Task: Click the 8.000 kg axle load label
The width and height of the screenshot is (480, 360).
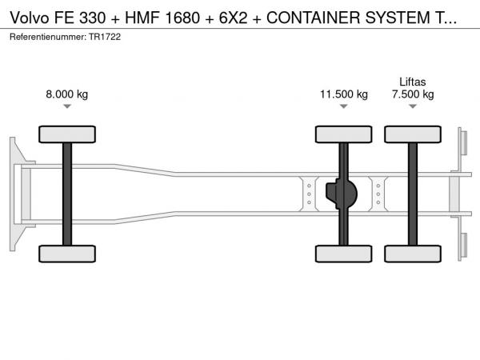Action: pyautogui.click(x=66, y=94)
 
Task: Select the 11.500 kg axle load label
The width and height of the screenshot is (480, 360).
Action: pyautogui.click(x=344, y=94)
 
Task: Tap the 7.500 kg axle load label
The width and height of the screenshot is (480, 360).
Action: pyautogui.click(x=413, y=94)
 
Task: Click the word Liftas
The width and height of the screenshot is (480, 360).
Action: pyautogui.click(x=413, y=82)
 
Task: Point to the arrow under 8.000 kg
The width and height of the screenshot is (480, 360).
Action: pyautogui.click(x=67, y=106)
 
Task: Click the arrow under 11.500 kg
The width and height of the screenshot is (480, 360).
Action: pyautogui.click(x=344, y=106)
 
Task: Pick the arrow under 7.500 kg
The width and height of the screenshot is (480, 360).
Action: pyautogui.click(x=413, y=106)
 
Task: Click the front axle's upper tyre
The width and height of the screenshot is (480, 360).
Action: pyautogui.click(x=67, y=134)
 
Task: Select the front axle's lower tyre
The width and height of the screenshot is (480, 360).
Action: pyautogui.click(x=67, y=254)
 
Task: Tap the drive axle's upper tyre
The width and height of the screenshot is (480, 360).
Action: pyautogui.click(x=344, y=134)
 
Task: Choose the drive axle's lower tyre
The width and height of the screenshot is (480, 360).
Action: pyautogui.click(x=344, y=254)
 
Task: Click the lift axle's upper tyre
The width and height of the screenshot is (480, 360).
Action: pyautogui.click(x=413, y=134)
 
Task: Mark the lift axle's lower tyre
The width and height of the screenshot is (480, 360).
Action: pyautogui.click(x=413, y=254)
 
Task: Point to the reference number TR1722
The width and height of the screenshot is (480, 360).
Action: pyautogui.click(x=105, y=37)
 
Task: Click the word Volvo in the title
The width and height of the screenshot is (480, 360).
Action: pyautogui.click(x=30, y=18)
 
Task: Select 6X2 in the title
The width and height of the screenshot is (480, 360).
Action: pyautogui.click(x=233, y=18)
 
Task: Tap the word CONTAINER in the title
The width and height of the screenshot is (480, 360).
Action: pyautogui.click(x=314, y=18)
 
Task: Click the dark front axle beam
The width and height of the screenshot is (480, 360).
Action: pyautogui.click(x=67, y=194)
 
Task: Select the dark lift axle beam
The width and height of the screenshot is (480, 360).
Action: pyautogui.click(x=413, y=194)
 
